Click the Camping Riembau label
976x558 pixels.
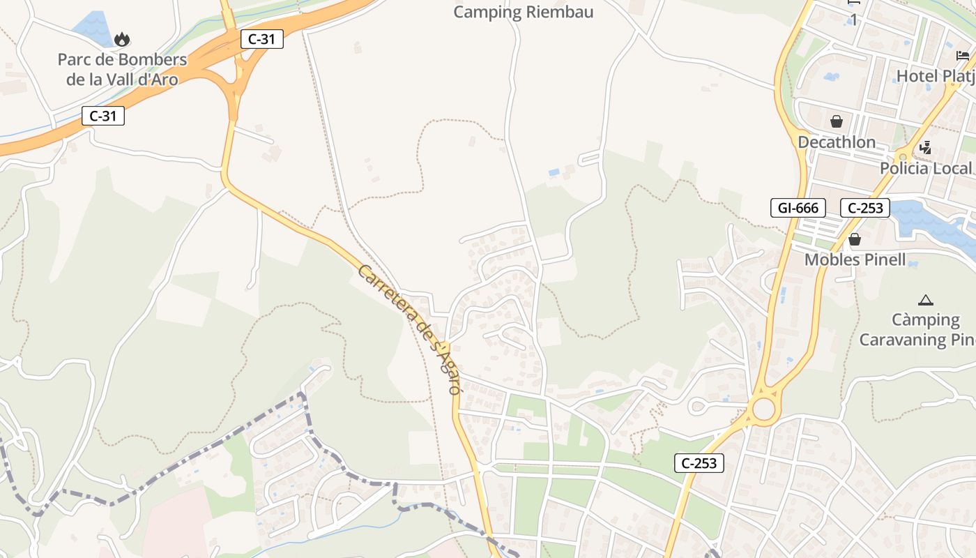click(x=524, y=12)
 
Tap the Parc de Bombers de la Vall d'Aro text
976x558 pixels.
click(x=122, y=69)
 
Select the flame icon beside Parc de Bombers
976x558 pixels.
click(x=122, y=39)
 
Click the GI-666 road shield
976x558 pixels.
click(x=798, y=207)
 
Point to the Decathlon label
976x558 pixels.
click(x=837, y=142)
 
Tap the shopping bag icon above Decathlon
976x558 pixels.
click(x=837, y=122)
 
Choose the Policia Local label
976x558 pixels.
click(x=925, y=168)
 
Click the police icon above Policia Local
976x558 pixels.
click(x=926, y=147)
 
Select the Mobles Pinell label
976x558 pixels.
click(x=855, y=260)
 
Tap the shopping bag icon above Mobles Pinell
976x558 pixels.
click(x=855, y=240)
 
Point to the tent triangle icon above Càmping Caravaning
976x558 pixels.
click(x=926, y=301)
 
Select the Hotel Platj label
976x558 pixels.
click(x=934, y=75)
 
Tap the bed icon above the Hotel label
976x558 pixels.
click(x=963, y=56)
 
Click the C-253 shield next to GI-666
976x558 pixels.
click(x=865, y=207)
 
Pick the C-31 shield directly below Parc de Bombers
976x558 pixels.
click(x=103, y=116)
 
